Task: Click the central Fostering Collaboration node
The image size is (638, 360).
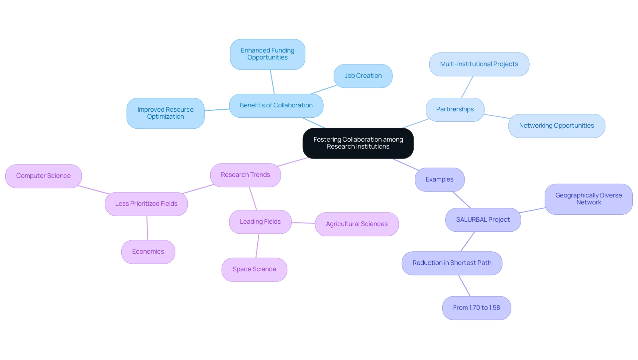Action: pyautogui.click(x=358, y=143)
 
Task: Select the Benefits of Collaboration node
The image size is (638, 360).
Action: pyautogui.click(x=276, y=106)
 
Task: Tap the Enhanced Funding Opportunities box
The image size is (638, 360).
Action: pyautogui.click(x=267, y=54)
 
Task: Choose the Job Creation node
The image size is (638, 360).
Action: pyautogui.click(x=363, y=76)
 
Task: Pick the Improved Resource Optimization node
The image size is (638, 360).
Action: pyautogui.click(x=165, y=113)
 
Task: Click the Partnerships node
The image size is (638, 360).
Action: pyautogui.click(x=455, y=110)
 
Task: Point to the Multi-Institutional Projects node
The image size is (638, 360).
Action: pyautogui.click(x=479, y=64)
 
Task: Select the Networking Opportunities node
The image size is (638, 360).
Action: pyautogui.click(x=557, y=126)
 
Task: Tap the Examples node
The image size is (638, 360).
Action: pyautogui.click(x=439, y=180)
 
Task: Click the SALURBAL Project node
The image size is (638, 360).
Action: pyautogui.click(x=483, y=220)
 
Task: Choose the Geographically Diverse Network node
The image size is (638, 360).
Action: pyautogui.click(x=588, y=199)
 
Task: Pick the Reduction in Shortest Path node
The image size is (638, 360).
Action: pyautogui.click(x=452, y=263)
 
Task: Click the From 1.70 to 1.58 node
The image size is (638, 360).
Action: pyautogui.click(x=477, y=308)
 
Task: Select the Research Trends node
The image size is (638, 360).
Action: pyautogui.click(x=245, y=175)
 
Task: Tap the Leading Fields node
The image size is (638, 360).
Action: pyautogui.click(x=260, y=222)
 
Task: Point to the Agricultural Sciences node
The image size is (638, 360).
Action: pyautogui.click(x=357, y=224)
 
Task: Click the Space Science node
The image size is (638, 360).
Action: pyautogui.click(x=254, y=270)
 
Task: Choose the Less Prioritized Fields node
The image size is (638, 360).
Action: pyautogui.click(x=146, y=204)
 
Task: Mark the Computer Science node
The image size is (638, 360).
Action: pyautogui.click(x=44, y=176)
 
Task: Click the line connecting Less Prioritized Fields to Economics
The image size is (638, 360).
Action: pyautogui.click(x=147, y=228)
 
